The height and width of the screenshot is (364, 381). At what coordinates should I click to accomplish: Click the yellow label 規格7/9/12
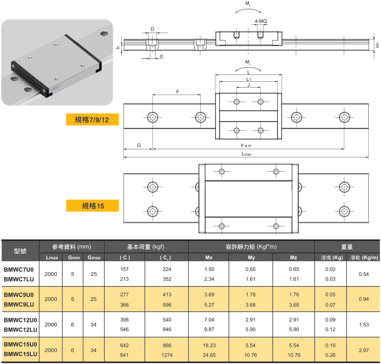tap(92, 119)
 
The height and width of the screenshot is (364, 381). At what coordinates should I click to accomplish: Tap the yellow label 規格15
tap(92, 206)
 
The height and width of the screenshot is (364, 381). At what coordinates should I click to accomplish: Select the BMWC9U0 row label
tap(19, 295)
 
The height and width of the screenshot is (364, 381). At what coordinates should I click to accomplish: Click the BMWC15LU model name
tap(21, 354)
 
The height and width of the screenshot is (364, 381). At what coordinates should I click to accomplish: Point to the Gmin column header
tap(74, 258)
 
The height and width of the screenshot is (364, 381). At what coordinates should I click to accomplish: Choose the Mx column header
tap(209, 258)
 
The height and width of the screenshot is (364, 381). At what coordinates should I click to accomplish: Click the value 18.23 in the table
tap(209, 345)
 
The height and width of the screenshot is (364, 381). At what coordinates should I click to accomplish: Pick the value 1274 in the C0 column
tap(167, 355)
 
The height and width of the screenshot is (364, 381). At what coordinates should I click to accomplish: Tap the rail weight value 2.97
tap(364, 350)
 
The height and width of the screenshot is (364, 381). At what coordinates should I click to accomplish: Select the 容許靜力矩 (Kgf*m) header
tap(251, 247)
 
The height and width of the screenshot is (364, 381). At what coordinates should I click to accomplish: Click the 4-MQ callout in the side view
tap(261, 21)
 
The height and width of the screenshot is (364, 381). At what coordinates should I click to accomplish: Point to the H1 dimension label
tap(377, 45)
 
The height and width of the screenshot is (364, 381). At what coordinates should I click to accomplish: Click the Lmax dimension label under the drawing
tap(246, 154)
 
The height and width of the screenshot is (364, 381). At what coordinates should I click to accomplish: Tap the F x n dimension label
tap(246, 145)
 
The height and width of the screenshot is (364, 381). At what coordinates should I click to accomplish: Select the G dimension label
tap(139, 145)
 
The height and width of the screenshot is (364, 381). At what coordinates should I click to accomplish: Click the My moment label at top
tap(248, 3)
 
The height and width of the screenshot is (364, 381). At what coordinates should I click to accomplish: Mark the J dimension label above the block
tap(249, 85)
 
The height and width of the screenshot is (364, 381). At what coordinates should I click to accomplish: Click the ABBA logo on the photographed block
tap(55, 88)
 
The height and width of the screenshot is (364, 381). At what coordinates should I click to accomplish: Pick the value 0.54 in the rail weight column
tap(364, 274)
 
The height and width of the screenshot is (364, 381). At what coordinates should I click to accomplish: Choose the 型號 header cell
tap(20, 251)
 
